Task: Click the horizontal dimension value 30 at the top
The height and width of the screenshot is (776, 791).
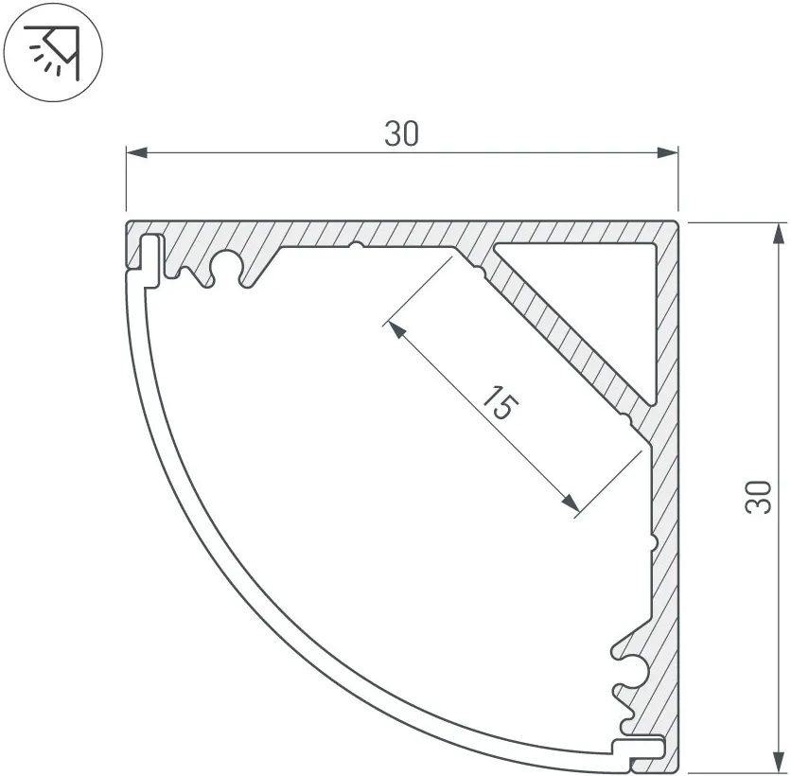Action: pyautogui.click(x=401, y=133)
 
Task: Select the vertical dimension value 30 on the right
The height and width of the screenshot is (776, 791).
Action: pyautogui.click(x=759, y=497)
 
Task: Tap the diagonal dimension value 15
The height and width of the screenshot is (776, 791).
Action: pyautogui.click(x=500, y=403)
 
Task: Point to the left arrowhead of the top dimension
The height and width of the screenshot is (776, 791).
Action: pyautogui.click(x=136, y=152)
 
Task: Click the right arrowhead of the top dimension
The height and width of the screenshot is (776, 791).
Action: pyautogui.click(x=667, y=152)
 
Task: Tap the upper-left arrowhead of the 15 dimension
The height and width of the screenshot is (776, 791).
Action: pyautogui.click(x=397, y=330)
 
